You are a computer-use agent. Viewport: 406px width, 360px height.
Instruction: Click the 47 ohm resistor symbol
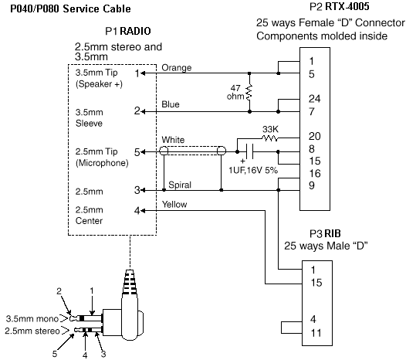pos(249,93)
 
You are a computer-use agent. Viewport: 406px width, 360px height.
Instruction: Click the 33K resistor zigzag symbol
pos(270,138)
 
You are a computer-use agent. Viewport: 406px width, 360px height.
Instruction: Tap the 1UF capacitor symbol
pos(249,151)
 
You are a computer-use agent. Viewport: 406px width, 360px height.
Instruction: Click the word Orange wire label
pos(177,68)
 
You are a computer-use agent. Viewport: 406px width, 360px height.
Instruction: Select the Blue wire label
pos(171,104)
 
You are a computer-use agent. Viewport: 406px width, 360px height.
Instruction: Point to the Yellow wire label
pos(174,204)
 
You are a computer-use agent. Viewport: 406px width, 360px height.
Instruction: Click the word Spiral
pos(180,185)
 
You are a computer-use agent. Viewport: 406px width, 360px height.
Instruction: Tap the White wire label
pos(173,140)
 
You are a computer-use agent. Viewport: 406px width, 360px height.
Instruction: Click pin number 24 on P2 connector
pos(315,99)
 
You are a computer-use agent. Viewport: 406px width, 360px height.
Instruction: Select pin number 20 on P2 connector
pos(315,136)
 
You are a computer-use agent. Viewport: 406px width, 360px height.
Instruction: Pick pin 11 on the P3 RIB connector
pos(316,333)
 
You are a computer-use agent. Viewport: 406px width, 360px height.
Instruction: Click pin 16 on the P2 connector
pos(315,173)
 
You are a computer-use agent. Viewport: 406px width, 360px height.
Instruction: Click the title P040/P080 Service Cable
pos(70,8)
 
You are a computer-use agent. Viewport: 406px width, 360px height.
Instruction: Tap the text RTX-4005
pos(347,6)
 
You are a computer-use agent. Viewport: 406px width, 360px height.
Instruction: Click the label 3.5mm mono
pos(32,318)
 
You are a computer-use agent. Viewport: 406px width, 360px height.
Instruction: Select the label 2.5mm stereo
pos(32,331)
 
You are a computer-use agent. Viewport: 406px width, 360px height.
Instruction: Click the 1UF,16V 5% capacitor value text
pos(253,170)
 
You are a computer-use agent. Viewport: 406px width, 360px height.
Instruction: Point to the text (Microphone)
pos(102,163)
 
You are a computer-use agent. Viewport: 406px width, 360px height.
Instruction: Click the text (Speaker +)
pos(99,84)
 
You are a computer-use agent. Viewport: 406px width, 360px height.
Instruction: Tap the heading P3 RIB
pos(325,233)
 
